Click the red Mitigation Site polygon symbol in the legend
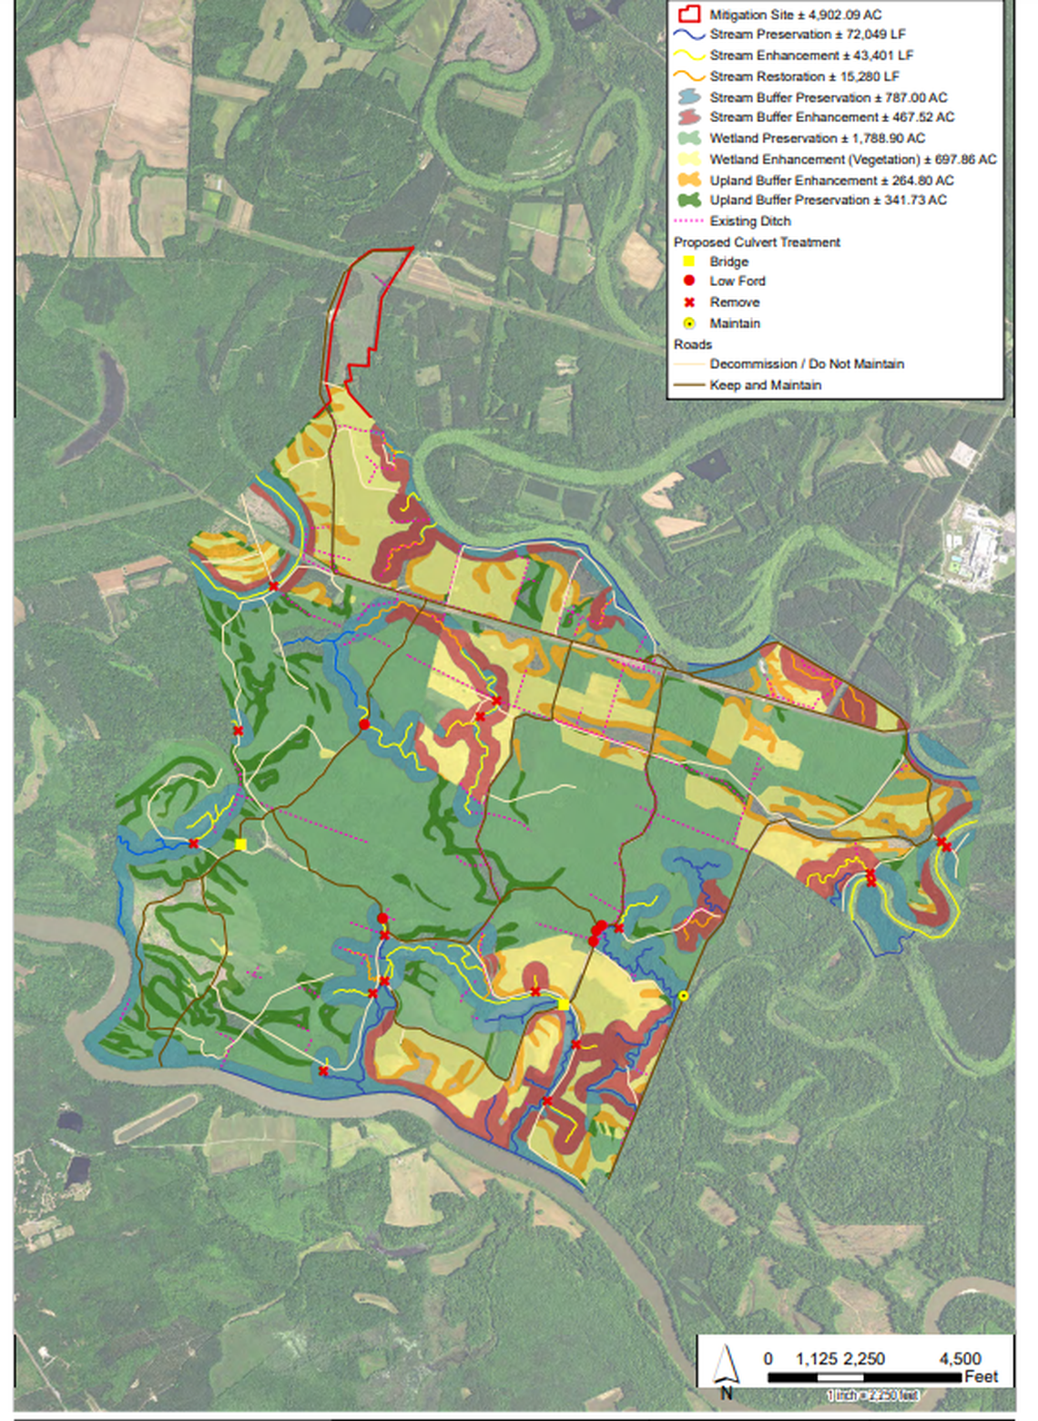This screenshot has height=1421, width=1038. click(x=689, y=15)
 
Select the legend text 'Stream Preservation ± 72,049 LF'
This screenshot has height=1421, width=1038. click(x=807, y=35)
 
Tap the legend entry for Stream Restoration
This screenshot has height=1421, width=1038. click(x=804, y=77)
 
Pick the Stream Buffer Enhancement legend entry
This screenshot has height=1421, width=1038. click(x=831, y=118)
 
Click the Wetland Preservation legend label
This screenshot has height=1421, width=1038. click(x=817, y=138)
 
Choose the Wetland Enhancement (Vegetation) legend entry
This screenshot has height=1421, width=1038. click(x=852, y=159)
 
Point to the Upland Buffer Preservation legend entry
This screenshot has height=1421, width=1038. click(x=827, y=200)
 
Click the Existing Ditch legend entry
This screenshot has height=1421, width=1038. click(x=749, y=221)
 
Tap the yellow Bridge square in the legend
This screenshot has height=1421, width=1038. click(x=689, y=261)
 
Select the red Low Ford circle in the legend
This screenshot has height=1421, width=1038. click(x=689, y=281)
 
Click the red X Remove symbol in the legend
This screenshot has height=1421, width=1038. click(x=689, y=302)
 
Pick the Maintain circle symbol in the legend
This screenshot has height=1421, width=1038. click(x=689, y=323)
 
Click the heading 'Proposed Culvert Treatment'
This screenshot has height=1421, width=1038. click(x=757, y=242)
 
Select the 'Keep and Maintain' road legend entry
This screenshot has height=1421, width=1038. click(x=765, y=385)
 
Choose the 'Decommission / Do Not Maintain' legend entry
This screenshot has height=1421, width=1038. click(x=806, y=364)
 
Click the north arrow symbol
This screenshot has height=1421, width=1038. click(x=726, y=1368)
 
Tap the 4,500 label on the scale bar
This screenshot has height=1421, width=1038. click(x=960, y=1359)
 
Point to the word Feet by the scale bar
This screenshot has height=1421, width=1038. click(x=982, y=1376)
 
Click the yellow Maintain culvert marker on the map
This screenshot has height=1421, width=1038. click(x=684, y=997)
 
